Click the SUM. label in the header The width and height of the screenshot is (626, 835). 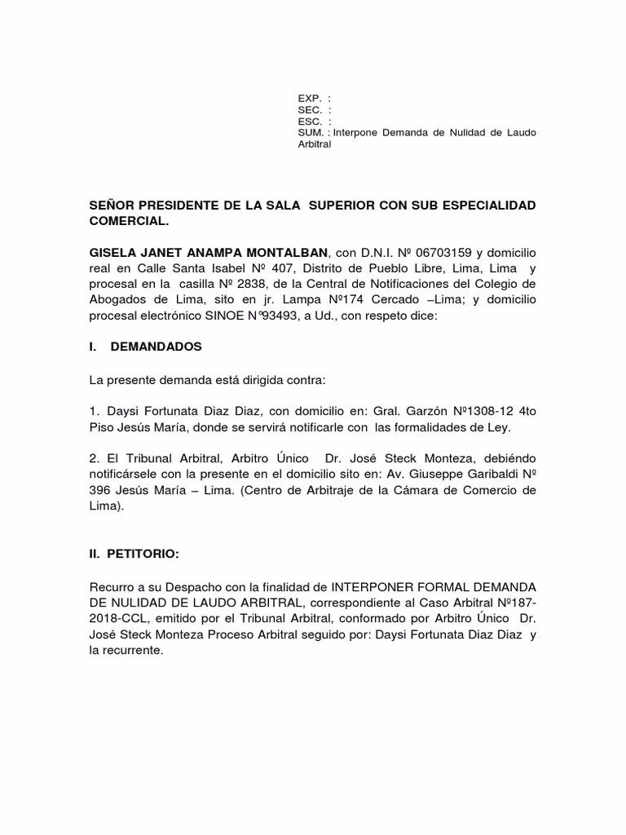309,133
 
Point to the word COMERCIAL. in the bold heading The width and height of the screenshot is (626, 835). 130,220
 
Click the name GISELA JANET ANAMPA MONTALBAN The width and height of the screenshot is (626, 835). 207,253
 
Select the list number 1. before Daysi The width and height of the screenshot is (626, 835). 94,410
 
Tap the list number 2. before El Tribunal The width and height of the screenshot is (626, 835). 94,457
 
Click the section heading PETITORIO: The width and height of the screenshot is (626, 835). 132,554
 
